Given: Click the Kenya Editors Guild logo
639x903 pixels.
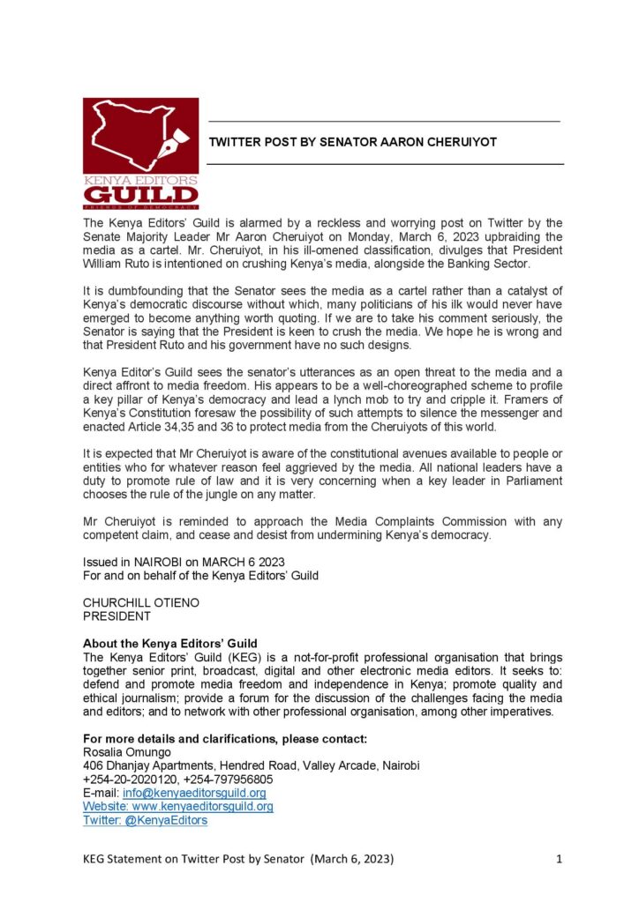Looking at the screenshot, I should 140,153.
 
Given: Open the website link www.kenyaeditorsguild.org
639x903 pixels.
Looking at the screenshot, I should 177,806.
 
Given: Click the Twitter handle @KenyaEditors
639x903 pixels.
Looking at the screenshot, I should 145,819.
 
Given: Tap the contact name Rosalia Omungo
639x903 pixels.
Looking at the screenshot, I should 128,753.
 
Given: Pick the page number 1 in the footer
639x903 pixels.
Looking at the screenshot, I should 560,858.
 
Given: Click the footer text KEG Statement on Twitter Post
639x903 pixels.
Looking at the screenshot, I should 177,858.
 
